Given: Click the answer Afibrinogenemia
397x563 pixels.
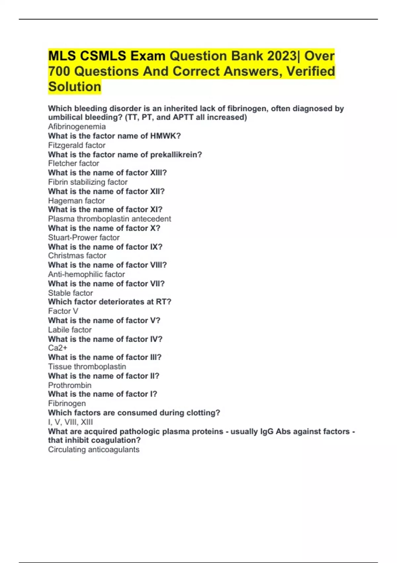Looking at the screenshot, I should coord(77,127).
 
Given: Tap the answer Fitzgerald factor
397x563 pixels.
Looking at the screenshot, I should coord(77,145).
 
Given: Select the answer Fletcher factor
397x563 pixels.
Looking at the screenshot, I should coord(73,163).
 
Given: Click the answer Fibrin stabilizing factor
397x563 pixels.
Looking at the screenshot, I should coord(88,182).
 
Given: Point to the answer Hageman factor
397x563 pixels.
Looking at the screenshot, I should coord(76,201).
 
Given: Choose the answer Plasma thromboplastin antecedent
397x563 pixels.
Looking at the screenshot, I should coord(110,219).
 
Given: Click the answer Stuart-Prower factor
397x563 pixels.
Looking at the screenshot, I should coord(84,237).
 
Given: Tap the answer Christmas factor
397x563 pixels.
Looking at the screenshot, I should coord(77,256).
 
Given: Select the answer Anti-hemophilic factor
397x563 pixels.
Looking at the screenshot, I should coord(86,274).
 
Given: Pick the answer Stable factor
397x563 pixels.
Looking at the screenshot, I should coord(70,293).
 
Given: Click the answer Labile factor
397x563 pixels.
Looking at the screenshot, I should coord(70,330).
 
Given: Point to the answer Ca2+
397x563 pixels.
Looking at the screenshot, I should coord(58,348).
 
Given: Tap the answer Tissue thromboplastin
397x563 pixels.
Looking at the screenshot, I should coord(87,367).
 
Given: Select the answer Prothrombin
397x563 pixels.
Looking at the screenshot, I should coord(70,385).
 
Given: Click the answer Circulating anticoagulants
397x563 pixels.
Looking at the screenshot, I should coord(94,449).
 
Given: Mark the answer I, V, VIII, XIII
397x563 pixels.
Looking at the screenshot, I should coord(70,422).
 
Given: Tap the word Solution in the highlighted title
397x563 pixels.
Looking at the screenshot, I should coord(75,87).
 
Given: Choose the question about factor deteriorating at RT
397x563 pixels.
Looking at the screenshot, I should coord(110,302).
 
